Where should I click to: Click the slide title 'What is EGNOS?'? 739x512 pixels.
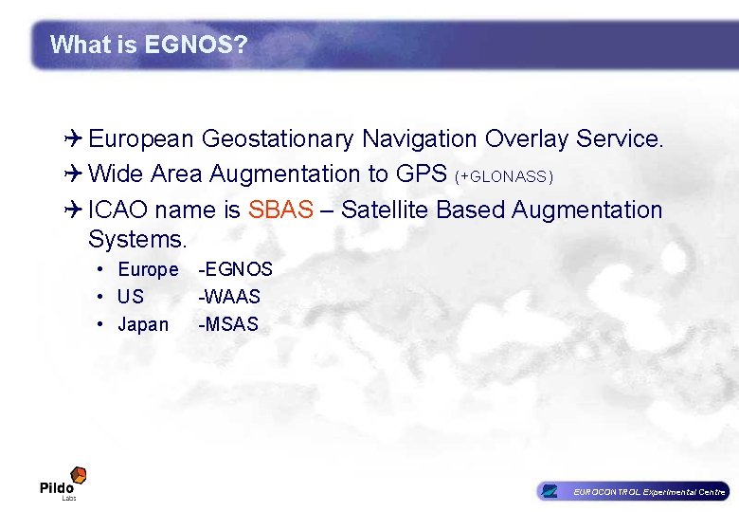click(x=148, y=45)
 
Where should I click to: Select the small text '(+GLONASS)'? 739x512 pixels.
click(x=504, y=177)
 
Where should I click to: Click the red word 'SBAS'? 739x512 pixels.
click(x=280, y=210)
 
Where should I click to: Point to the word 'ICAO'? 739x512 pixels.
click(x=118, y=210)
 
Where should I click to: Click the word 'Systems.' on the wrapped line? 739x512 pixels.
click(x=138, y=237)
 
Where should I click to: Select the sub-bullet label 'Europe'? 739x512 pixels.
click(x=148, y=270)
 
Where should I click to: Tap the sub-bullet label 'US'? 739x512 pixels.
click(x=131, y=297)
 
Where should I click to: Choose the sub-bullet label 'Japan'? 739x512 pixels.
click(x=143, y=324)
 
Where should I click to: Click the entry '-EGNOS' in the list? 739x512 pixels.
click(x=235, y=270)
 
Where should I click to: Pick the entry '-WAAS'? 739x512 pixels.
click(x=229, y=297)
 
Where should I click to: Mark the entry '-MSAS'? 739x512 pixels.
click(x=228, y=324)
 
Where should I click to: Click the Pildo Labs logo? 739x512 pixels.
click(x=63, y=483)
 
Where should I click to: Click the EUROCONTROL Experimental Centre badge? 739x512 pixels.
click(x=632, y=491)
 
